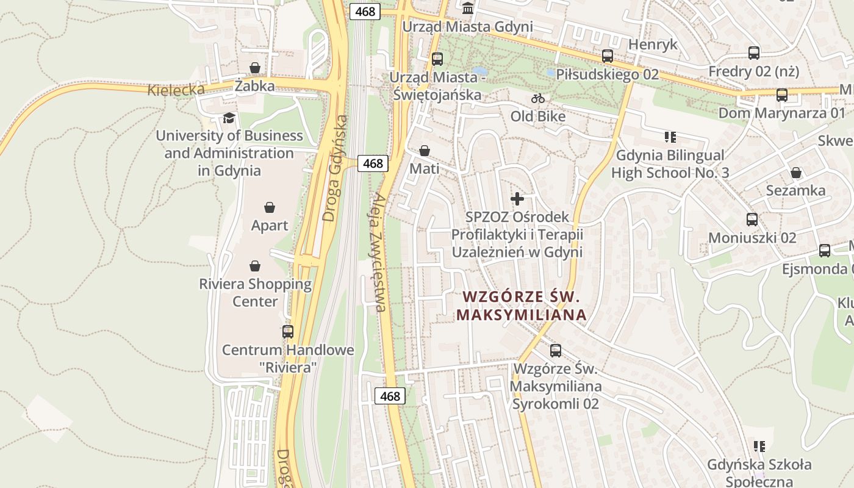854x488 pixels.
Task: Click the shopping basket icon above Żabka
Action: [255, 68]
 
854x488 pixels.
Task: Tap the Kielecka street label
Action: [176, 90]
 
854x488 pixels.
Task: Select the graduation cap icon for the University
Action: [229, 117]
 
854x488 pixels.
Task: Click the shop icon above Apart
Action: [270, 207]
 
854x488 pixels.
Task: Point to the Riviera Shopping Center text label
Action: [255, 292]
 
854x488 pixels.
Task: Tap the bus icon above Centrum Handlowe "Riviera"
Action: [288, 332]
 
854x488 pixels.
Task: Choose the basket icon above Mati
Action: [425, 151]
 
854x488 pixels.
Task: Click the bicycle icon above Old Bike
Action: [537, 98]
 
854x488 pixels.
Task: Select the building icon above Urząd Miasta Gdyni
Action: [468, 9]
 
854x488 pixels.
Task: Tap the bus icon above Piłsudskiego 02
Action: [608, 56]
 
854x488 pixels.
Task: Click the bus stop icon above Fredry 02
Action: [754, 53]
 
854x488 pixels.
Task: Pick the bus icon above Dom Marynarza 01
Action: [782, 95]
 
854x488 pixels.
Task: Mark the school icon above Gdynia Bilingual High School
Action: [670, 137]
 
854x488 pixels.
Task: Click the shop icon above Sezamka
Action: [796, 173]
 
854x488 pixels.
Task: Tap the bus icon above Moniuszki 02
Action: [752, 220]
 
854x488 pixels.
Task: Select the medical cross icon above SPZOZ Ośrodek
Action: [517, 199]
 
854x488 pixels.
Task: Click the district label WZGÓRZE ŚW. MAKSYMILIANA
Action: [522, 306]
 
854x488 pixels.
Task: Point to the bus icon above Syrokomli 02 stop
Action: [556, 351]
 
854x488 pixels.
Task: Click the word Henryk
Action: [653, 45]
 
